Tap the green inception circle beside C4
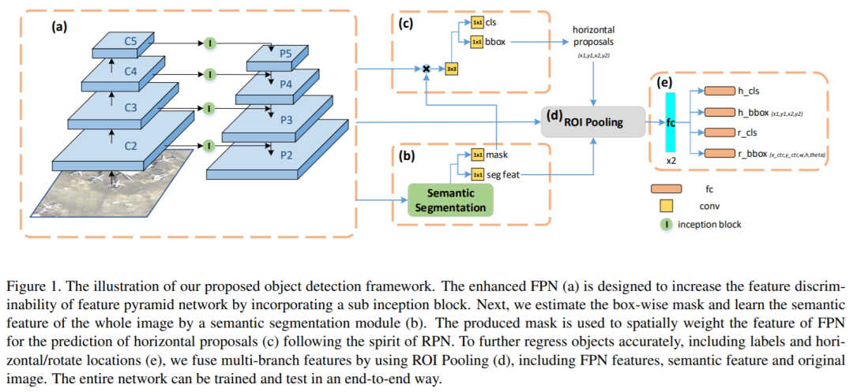tap(210, 75)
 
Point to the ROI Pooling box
tap(588, 122)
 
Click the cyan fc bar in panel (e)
tap(671, 122)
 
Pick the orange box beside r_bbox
tap(719, 154)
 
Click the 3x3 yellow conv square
tap(453, 69)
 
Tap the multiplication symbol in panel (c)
tap(426, 69)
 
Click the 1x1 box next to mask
tap(478, 155)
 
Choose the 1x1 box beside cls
tap(477, 22)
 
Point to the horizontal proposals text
tap(595, 35)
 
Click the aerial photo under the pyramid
tap(111, 185)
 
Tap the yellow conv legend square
tap(666, 207)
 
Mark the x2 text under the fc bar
tap(671, 160)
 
